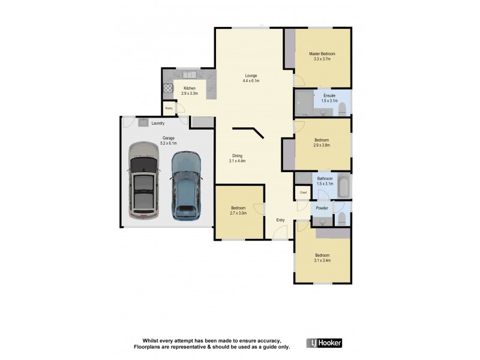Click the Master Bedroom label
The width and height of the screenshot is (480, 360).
[x=322, y=54]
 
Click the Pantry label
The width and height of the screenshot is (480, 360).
[x=169, y=109]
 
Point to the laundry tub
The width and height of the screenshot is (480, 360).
[x=143, y=122]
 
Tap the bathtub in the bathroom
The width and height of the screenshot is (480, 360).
[x=343, y=187]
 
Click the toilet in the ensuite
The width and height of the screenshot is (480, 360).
[x=343, y=109]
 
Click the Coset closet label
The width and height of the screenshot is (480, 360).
[x=303, y=193]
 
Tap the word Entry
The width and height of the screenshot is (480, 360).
[x=280, y=220]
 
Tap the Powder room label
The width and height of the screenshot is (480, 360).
[x=322, y=208]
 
